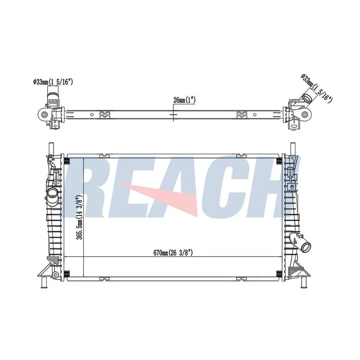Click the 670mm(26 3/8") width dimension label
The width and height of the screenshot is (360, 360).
(173, 253)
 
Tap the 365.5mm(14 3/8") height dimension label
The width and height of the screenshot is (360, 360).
(80, 217)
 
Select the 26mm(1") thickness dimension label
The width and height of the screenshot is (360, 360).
(184, 100)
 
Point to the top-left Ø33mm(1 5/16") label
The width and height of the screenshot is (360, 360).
(53, 82)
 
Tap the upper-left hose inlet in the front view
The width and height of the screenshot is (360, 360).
(52, 193)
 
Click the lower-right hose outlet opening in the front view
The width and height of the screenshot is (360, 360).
(306, 247)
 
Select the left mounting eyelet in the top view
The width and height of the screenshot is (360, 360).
(44, 114)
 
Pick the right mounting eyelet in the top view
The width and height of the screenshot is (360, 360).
(305, 114)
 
